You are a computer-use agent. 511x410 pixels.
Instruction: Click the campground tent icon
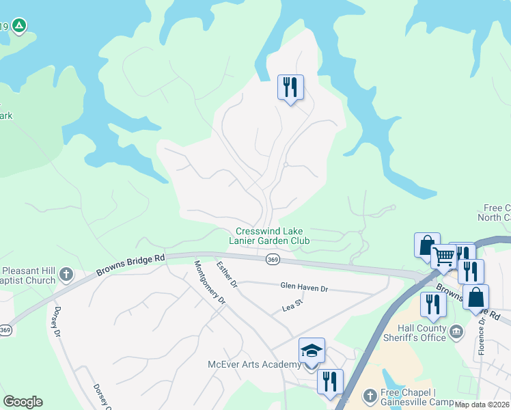pos(19,27)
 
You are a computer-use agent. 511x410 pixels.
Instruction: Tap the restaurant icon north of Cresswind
pos(290,87)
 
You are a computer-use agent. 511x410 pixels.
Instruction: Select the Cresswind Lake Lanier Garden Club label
pos(273,236)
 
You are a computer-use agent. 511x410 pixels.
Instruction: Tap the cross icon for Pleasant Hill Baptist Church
pos(66,275)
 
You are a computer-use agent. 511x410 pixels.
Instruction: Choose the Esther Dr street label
pos(226,273)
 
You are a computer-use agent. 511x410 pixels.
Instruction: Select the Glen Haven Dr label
pos(304,288)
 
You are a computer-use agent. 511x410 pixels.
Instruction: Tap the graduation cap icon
pos(312,351)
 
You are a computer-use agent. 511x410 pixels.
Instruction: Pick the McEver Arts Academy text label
pos(254,364)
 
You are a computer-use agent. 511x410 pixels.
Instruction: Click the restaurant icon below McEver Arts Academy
pos(330,381)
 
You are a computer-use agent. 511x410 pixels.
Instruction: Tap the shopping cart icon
pos(443,257)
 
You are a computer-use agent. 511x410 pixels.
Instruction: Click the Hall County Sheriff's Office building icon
pos(456,331)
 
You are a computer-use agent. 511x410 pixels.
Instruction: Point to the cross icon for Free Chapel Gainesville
pos(369,395)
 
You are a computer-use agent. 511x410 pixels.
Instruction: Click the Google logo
pos(23,402)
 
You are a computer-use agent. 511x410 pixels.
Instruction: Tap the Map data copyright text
pos(482,405)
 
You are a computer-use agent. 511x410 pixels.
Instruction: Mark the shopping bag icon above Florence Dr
pos(475,297)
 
